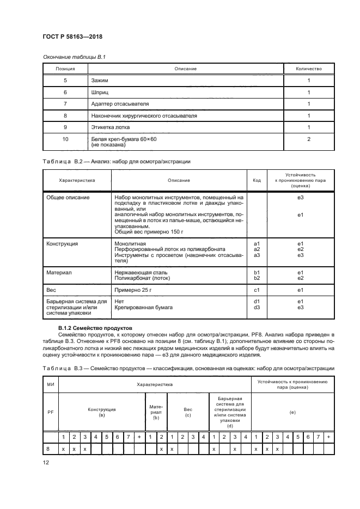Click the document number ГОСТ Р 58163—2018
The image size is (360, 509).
(x=72, y=36)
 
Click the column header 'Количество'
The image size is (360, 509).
(x=308, y=69)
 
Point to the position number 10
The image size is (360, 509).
(x=65, y=139)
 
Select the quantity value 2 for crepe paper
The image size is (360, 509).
(x=308, y=139)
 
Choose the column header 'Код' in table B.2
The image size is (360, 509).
(x=257, y=180)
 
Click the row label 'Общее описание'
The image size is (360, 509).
(x=68, y=198)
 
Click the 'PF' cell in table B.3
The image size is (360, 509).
(x=51, y=412)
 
